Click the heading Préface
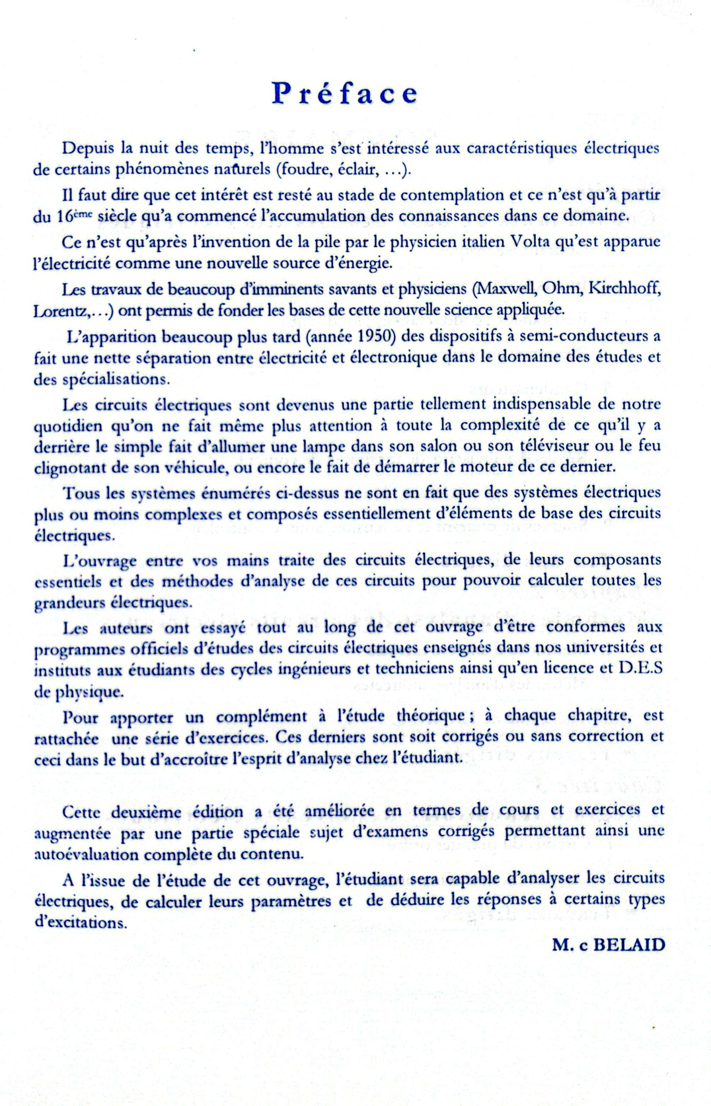click(x=344, y=93)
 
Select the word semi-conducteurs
click(x=583, y=337)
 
